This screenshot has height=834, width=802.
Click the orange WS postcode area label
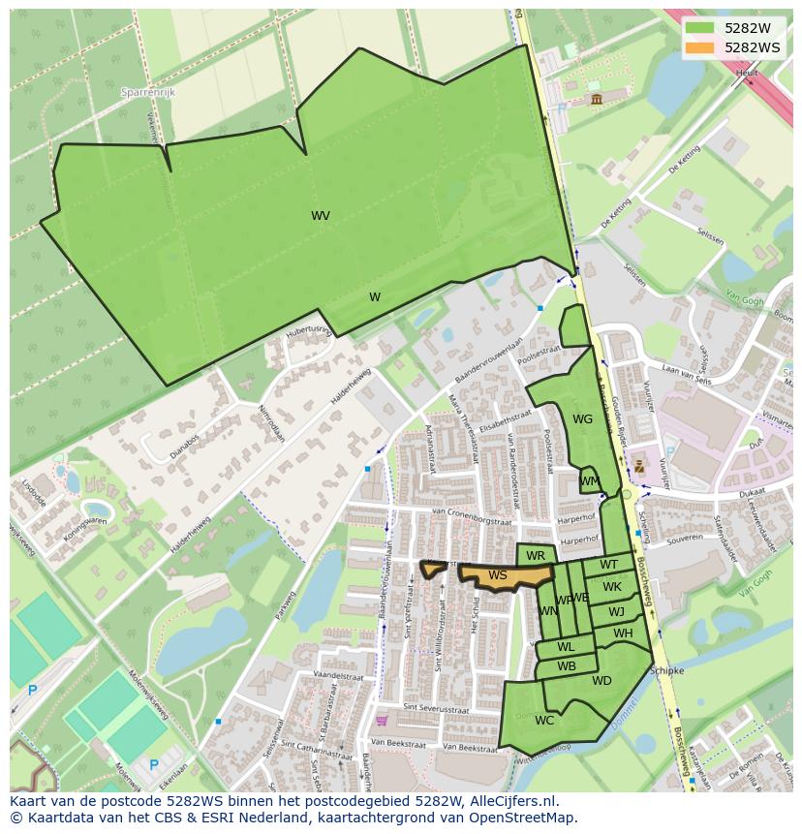point(498,575)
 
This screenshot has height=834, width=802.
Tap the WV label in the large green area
point(321,216)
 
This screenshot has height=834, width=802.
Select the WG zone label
point(582,419)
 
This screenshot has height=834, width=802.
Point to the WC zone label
point(544,720)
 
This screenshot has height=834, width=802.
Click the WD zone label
point(601,681)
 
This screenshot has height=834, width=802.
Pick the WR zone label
point(536,556)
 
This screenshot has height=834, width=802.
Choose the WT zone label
point(608,565)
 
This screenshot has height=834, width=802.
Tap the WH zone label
point(623,633)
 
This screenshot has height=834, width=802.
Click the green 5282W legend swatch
point(698,28)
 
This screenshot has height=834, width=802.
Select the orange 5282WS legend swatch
point(698,47)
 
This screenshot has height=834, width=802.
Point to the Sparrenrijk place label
point(146,92)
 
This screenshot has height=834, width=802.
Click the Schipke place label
point(667,670)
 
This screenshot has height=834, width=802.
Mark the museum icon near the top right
point(595,99)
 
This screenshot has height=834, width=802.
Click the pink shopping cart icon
point(382,721)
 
